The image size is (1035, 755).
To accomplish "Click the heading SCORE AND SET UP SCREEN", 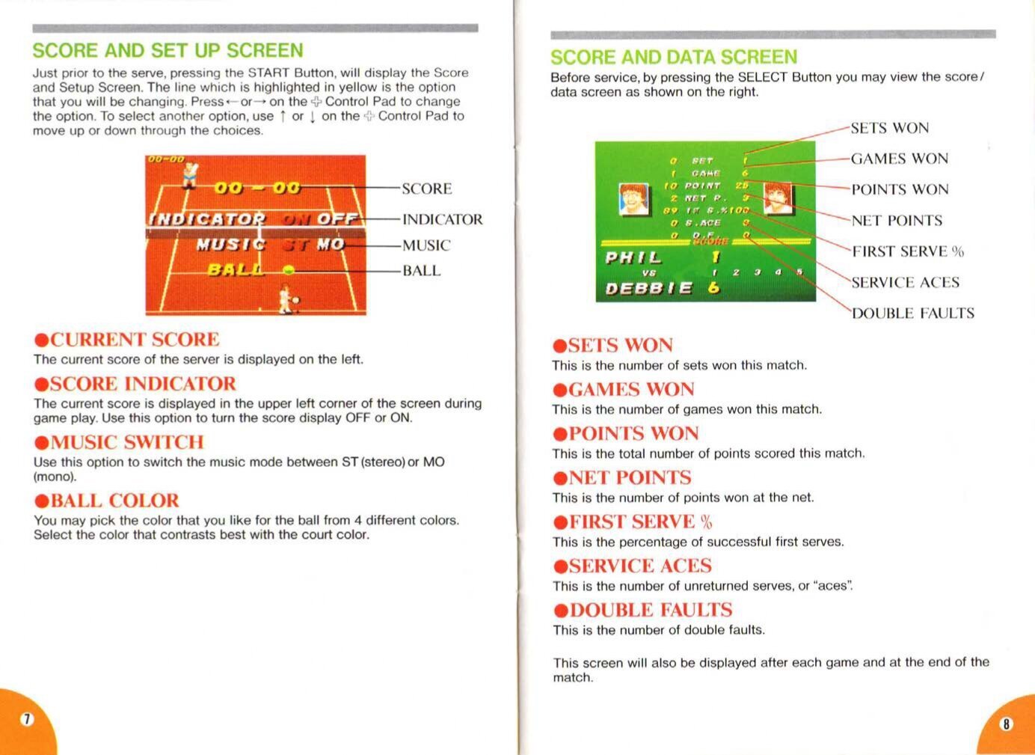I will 168,51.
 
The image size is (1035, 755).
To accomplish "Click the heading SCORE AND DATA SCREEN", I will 674,58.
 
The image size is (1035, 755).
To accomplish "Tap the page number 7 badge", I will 27,719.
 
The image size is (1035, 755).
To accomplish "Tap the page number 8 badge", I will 1006,724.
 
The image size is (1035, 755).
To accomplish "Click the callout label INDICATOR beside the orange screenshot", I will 442,219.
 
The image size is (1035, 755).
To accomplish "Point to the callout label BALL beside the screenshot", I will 421,271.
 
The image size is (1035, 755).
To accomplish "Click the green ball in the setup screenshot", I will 289,270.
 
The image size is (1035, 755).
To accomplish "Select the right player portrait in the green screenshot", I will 778,197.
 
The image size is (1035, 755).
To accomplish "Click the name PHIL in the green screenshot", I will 633,258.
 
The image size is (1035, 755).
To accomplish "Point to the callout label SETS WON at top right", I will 889,128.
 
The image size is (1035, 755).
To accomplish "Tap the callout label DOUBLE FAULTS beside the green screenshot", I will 912,314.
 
